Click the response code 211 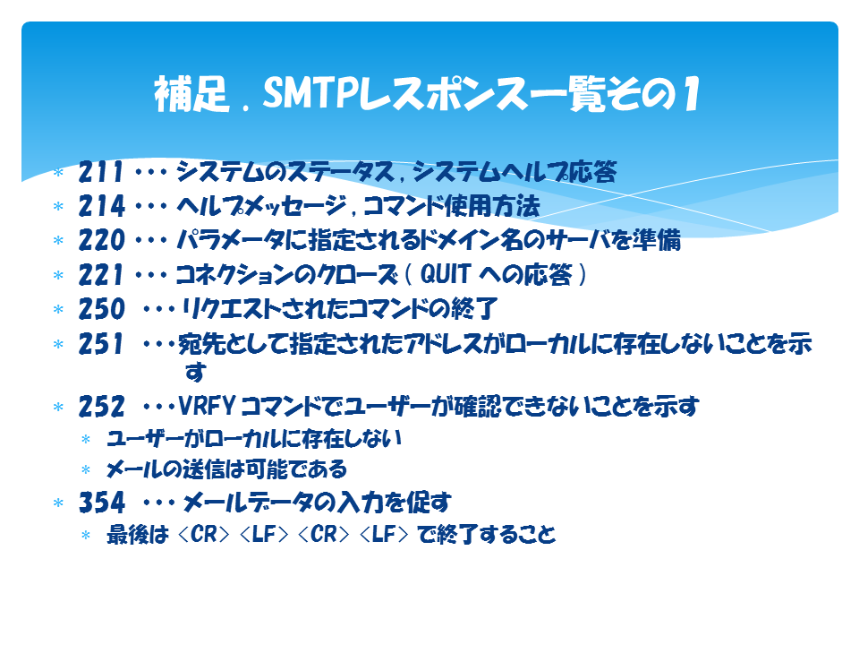tap(100, 172)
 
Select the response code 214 tap(101, 206)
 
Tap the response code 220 tap(101, 240)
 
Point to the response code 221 tap(100, 275)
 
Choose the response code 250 tap(101, 309)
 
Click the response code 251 tap(100, 344)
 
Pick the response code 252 tap(101, 407)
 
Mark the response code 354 tap(101, 503)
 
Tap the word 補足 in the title tap(191, 94)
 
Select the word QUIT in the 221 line tap(446, 274)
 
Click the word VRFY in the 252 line tap(207, 407)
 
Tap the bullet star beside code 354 tap(59, 503)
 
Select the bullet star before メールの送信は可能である tap(86, 470)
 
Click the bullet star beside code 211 tap(59, 173)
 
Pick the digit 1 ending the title tap(692, 94)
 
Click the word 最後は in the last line tap(138, 534)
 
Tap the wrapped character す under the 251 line tap(196, 373)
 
